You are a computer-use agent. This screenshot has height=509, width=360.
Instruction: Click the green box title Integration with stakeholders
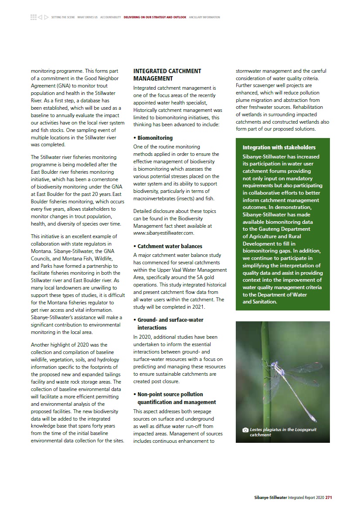coord(279,147)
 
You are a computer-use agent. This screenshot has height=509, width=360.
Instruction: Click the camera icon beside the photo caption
coord(245,430)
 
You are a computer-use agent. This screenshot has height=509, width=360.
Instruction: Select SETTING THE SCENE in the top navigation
coord(63,17)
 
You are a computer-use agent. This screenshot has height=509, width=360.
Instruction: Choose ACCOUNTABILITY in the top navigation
coord(110,17)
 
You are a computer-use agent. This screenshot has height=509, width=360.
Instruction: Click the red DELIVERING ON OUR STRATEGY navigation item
coord(155,17)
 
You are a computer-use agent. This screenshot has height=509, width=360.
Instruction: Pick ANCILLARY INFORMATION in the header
coord(204,17)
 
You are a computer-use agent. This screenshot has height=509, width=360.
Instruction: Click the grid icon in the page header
coord(34,17)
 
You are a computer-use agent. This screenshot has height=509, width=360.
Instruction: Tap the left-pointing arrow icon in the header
coord(40,17)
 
